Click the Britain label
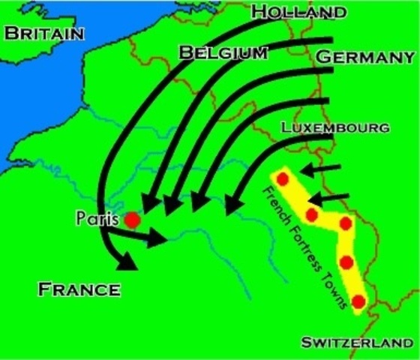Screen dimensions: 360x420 pos(44,34)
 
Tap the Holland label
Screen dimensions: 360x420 pos(299,12)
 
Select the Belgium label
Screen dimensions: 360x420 pos(224,52)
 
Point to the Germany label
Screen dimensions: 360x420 pos(365,58)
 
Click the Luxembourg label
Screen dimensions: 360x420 pos(335,127)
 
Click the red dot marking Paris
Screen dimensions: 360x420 pos(131,220)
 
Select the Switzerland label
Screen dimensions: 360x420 pos(356,343)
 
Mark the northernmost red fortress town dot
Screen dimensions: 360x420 pos(283,178)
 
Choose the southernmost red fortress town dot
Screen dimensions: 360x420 pos(358,301)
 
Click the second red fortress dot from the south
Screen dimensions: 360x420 pos(346,262)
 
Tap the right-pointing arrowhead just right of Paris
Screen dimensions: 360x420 pos(156,238)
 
